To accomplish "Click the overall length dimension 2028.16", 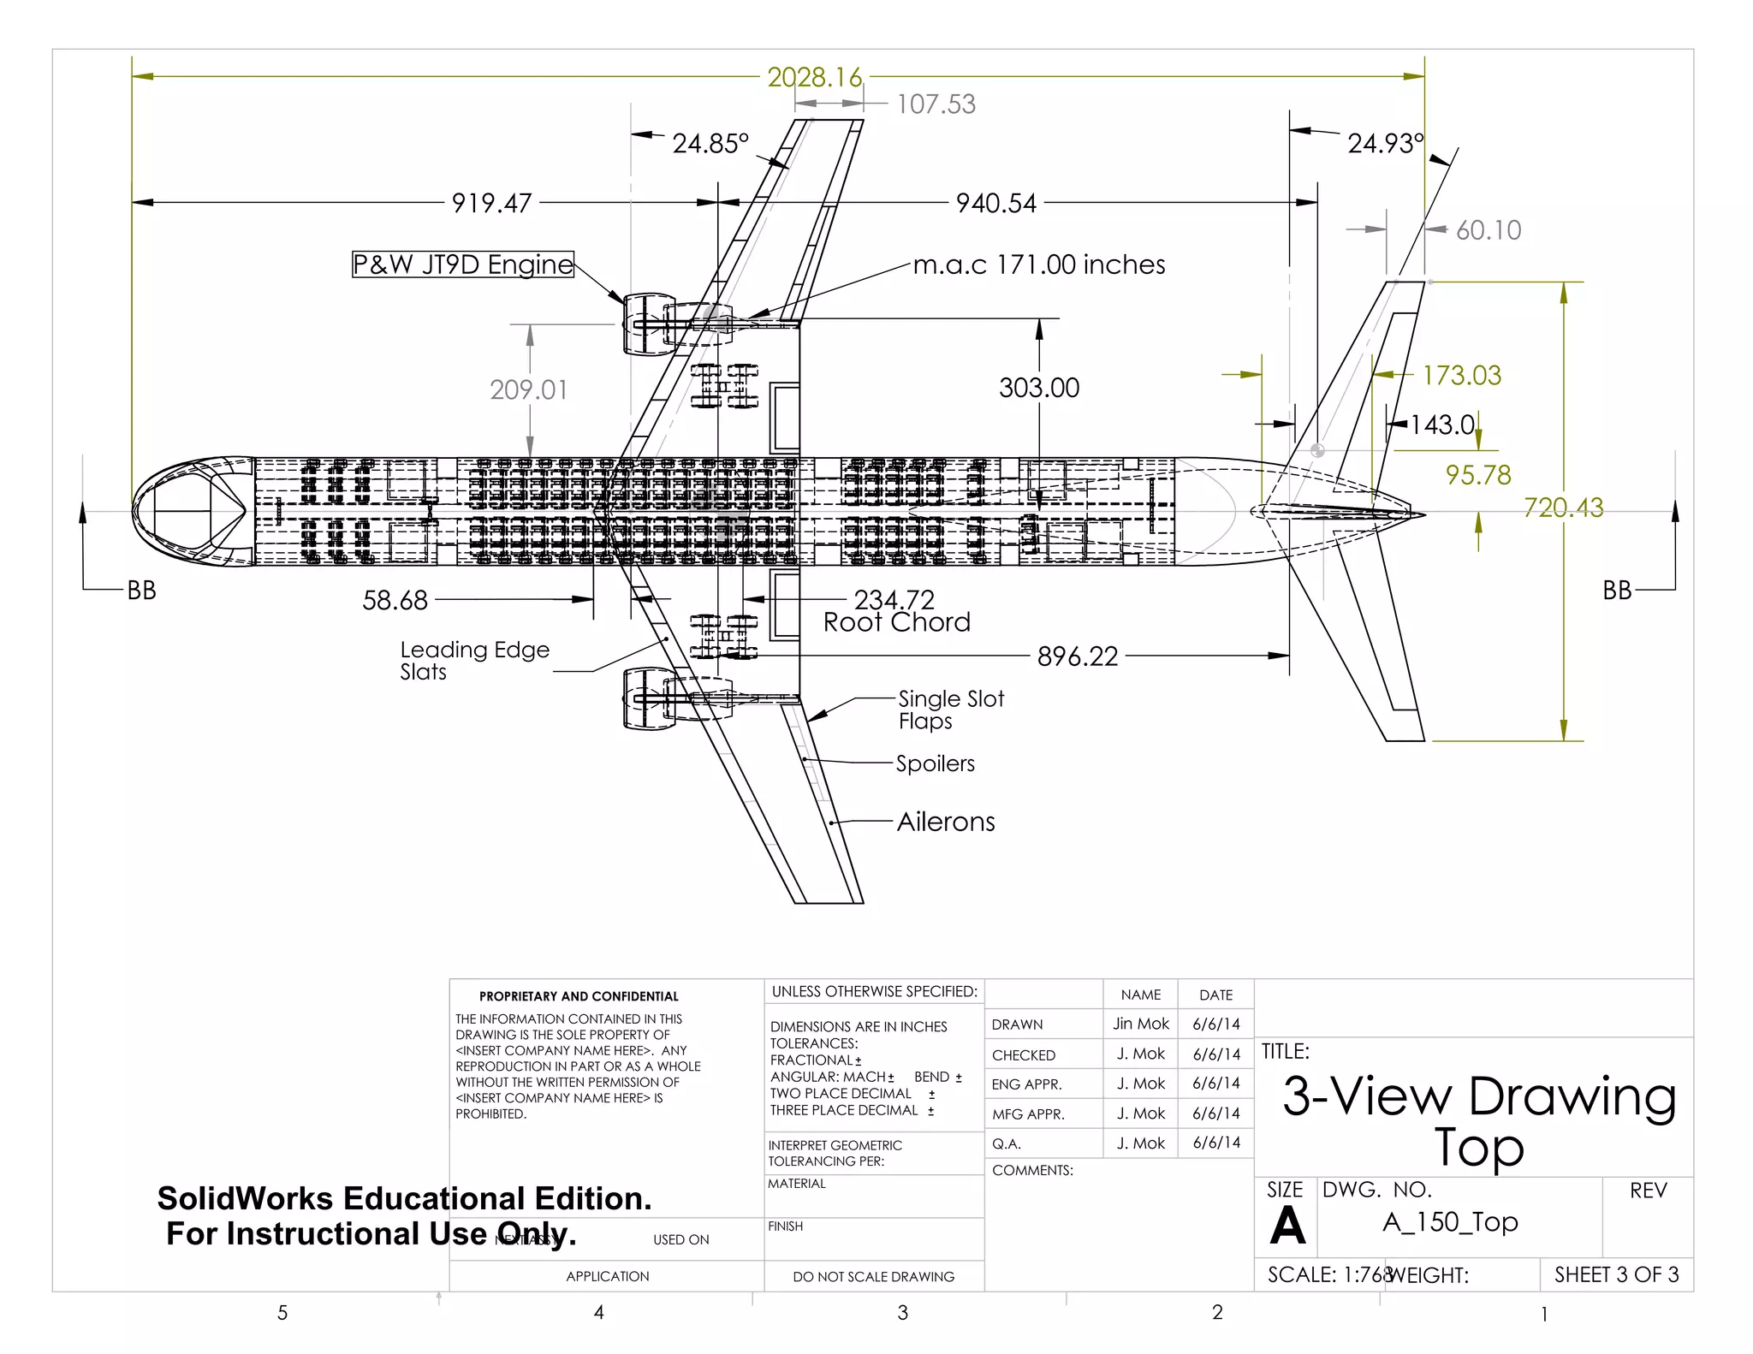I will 814,78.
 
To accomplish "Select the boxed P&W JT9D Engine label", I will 463,264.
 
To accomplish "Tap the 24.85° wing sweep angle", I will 710,143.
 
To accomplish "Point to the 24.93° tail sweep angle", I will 1386,143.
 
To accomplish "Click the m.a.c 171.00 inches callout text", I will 1038,264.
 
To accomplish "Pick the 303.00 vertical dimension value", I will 1039,388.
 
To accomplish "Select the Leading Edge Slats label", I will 473,660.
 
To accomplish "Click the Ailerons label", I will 946,822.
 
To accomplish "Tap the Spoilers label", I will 935,763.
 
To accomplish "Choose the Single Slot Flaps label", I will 950,710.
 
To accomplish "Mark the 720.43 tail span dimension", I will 1563,508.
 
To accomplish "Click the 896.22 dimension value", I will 1078,656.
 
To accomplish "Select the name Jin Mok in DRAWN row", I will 1140,1024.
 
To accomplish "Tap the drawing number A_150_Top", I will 1450,1222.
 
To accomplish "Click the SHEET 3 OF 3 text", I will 1616,1274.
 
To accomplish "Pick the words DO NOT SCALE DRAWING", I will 873,1276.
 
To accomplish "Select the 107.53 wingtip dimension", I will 936,104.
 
